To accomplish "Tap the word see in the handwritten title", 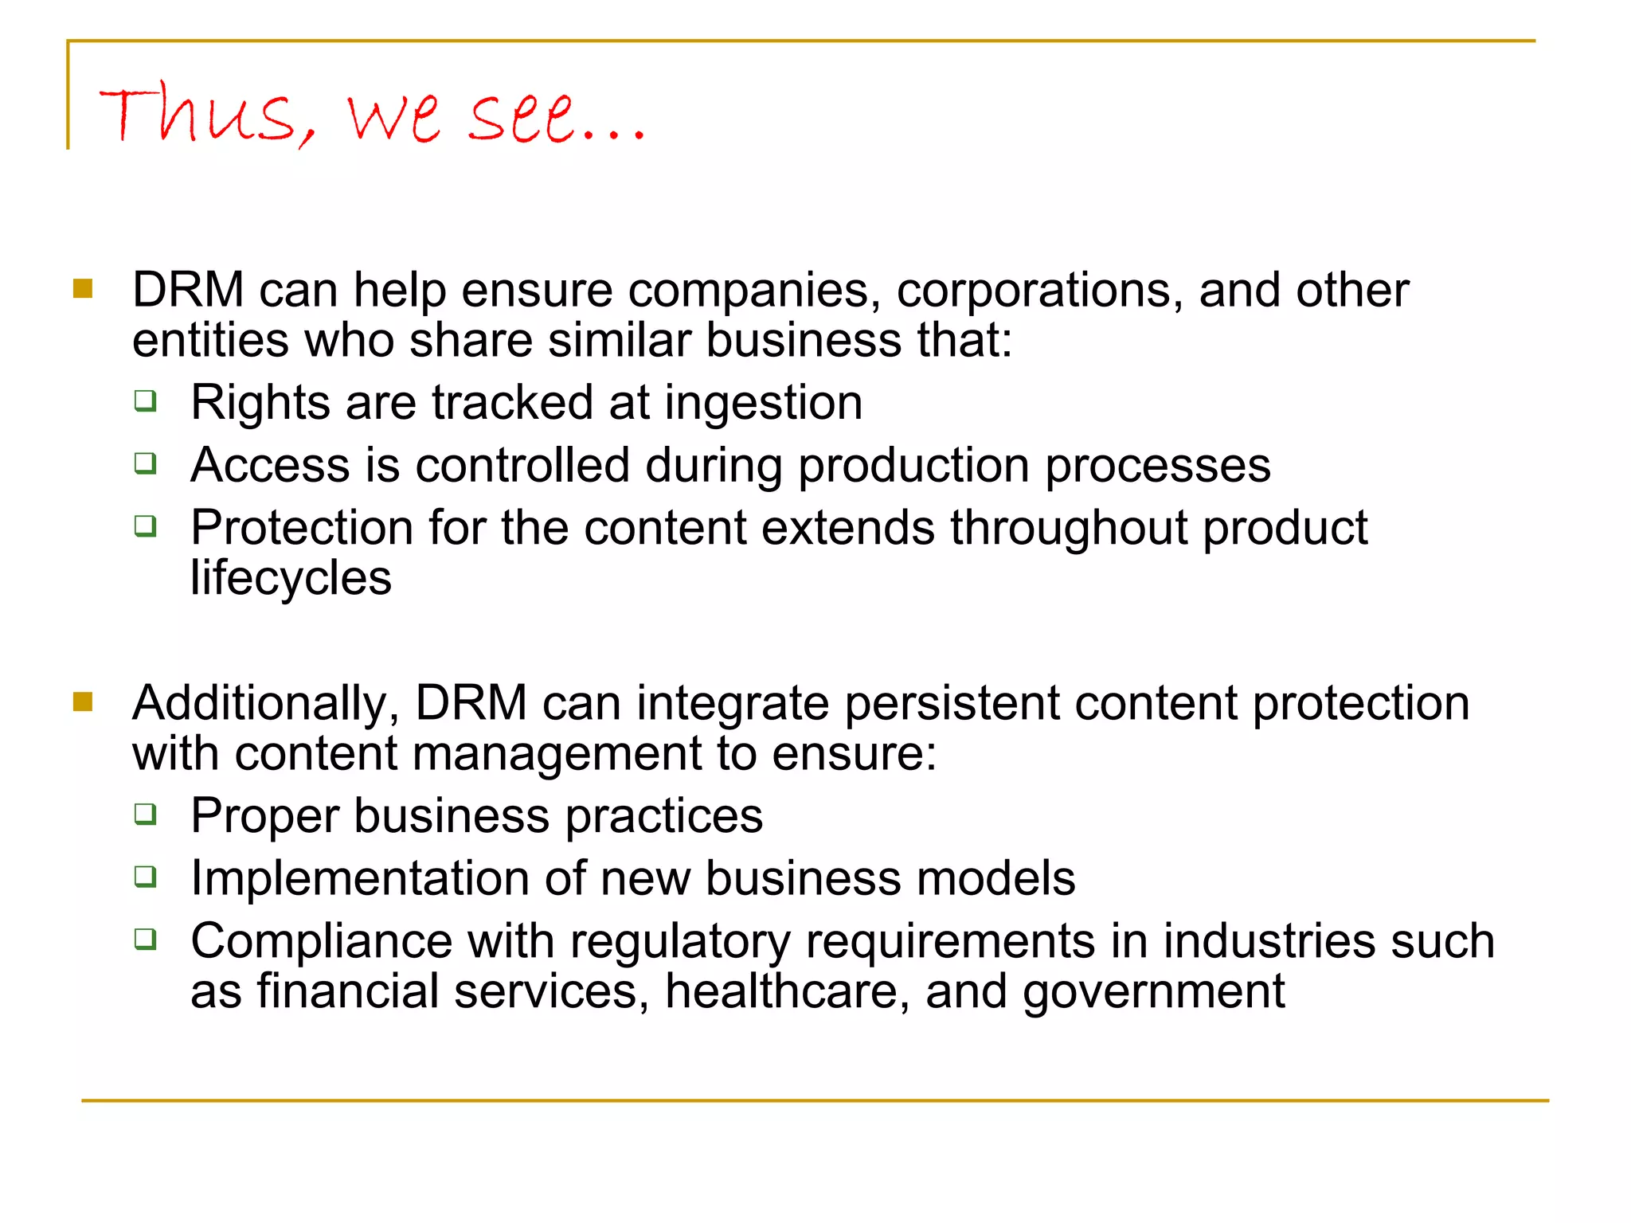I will point(522,118).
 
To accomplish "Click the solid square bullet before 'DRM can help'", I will point(83,288).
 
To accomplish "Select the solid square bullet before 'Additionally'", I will point(83,701).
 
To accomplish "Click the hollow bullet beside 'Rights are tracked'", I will point(145,400).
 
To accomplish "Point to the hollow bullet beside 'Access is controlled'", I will point(145,463).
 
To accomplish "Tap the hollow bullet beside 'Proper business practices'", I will point(145,814).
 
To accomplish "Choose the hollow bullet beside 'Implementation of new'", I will point(145,877).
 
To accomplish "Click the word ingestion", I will point(764,403).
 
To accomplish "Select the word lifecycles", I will point(291,577).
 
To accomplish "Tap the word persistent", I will point(952,704).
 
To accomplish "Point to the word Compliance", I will point(322,942).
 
